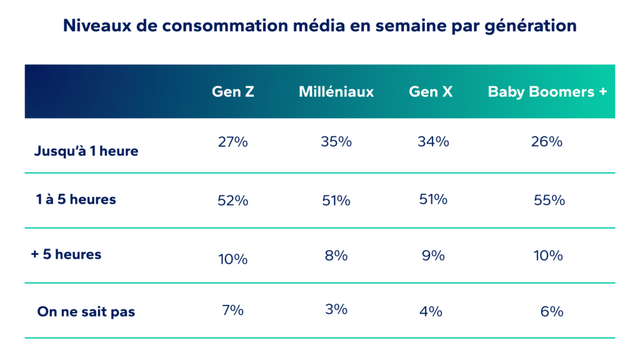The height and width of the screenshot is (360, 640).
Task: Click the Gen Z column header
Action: click(x=232, y=92)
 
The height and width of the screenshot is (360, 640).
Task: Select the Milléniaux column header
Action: click(x=336, y=92)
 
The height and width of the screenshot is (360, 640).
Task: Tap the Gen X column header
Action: click(x=431, y=92)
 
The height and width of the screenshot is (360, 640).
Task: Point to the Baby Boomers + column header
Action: click(x=547, y=92)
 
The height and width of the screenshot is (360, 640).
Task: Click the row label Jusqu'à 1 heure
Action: click(x=87, y=151)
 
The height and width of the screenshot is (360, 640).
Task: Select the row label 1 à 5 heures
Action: click(x=76, y=199)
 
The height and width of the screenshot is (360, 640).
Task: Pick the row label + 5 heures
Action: click(x=66, y=254)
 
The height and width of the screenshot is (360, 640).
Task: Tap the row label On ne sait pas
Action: click(x=86, y=311)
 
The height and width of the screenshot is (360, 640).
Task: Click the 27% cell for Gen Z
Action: click(x=232, y=142)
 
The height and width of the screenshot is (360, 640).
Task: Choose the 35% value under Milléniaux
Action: click(x=336, y=142)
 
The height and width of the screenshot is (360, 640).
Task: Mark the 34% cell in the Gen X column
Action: click(x=433, y=142)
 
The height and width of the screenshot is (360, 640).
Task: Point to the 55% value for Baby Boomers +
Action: click(x=549, y=201)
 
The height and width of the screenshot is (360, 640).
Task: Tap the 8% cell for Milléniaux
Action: click(x=336, y=256)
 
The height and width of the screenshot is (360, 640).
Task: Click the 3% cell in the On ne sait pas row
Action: click(x=336, y=309)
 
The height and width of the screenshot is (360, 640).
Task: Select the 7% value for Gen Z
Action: click(x=232, y=309)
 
